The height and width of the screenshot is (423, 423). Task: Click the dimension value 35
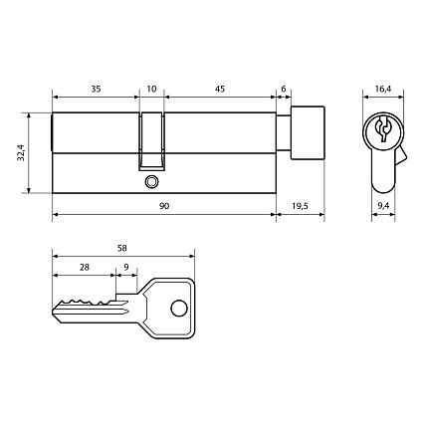(x=95, y=88)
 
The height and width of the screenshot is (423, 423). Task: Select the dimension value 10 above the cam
(x=151, y=88)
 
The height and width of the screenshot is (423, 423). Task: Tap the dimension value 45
(x=219, y=88)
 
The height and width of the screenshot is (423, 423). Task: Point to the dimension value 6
(x=284, y=88)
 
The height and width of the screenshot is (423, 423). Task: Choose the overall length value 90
(x=163, y=204)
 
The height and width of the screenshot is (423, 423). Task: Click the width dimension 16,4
(x=380, y=89)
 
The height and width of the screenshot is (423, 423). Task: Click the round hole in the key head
(x=178, y=309)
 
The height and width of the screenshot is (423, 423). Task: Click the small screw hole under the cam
(x=151, y=182)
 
